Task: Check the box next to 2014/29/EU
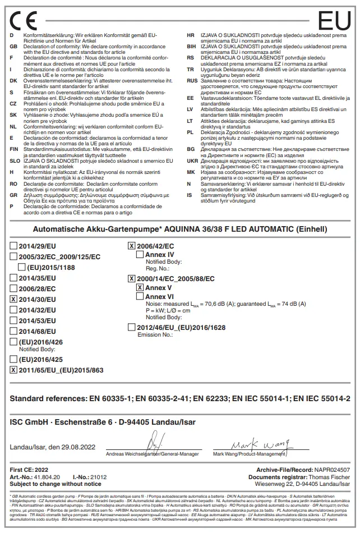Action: click(13, 246)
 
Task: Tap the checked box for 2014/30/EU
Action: click(13, 300)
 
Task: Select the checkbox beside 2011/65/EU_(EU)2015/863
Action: click(13, 370)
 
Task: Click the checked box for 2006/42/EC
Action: click(131, 246)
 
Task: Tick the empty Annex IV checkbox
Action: click(140, 255)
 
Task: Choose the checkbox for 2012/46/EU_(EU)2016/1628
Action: click(131, 327)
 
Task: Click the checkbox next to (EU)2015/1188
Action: click(22, 268)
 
